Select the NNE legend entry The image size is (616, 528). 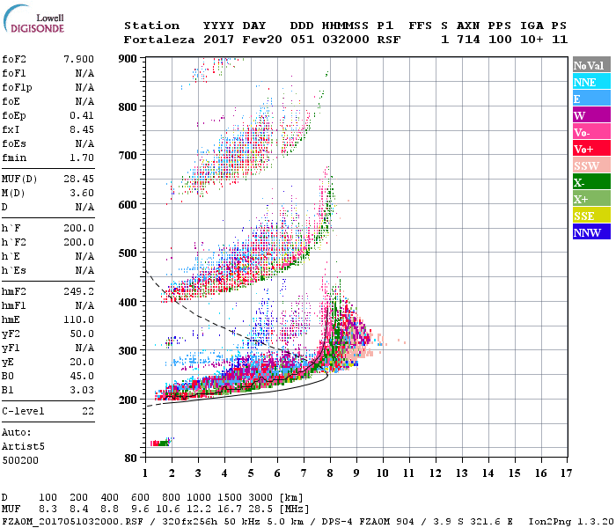[x=584, y=82]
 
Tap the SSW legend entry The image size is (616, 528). [x=586, y=165]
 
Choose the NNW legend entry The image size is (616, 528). [x=586, y=232]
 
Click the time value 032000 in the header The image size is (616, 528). [x=348, y=40]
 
